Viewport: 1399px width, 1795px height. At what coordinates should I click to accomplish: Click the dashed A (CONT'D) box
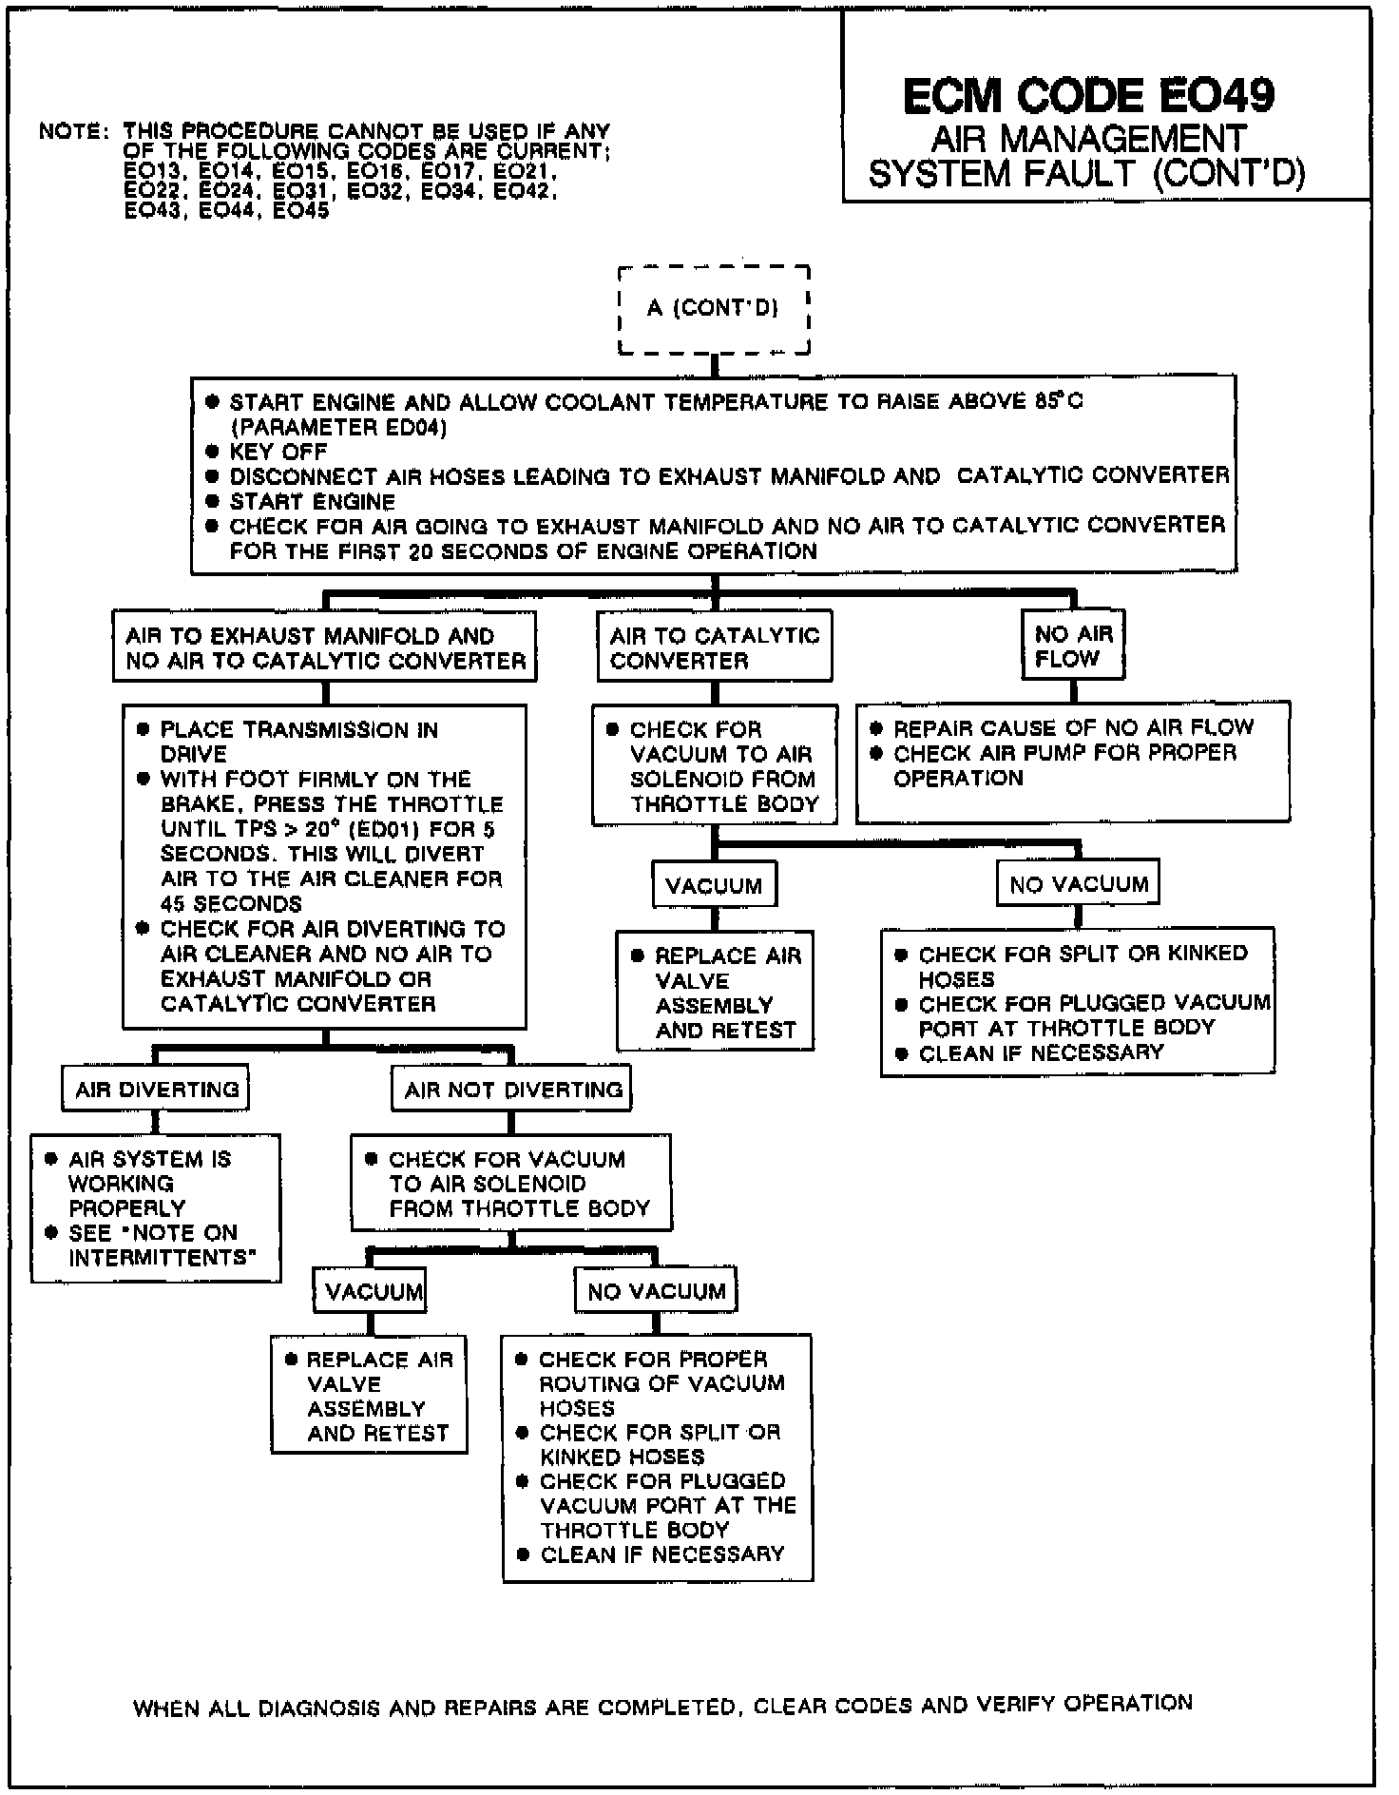pos(714,309)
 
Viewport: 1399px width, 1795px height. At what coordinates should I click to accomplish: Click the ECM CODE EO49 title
pos(1088,95)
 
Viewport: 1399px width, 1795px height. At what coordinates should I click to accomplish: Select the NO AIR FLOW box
pos(1073,646)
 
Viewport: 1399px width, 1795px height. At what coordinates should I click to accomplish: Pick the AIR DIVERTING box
pos(156,1090)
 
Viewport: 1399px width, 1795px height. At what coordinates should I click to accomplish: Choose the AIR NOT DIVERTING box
pos(512,1090)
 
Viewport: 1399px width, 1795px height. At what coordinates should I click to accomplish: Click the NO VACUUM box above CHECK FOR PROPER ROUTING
pos(656,1291)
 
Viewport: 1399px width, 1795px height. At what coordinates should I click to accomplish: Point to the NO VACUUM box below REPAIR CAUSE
pos(1079,885)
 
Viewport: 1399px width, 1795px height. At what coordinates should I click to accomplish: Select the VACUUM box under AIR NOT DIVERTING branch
pos(373,1291)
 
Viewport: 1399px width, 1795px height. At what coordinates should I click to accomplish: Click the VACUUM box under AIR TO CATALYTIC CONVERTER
pos(714,886)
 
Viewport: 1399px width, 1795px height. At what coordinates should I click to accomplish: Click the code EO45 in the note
pos(301,211)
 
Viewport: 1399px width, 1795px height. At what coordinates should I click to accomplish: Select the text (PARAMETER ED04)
pos(337,427)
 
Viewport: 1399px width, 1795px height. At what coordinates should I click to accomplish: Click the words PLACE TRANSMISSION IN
pos(298,730)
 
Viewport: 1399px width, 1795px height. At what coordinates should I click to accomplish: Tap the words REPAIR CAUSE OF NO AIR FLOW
pos(1073,728)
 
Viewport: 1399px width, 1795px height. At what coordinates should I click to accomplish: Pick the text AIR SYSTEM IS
pos(150,1159)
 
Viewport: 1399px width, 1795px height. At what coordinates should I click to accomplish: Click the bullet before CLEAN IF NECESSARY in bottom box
pos(522,1554)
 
